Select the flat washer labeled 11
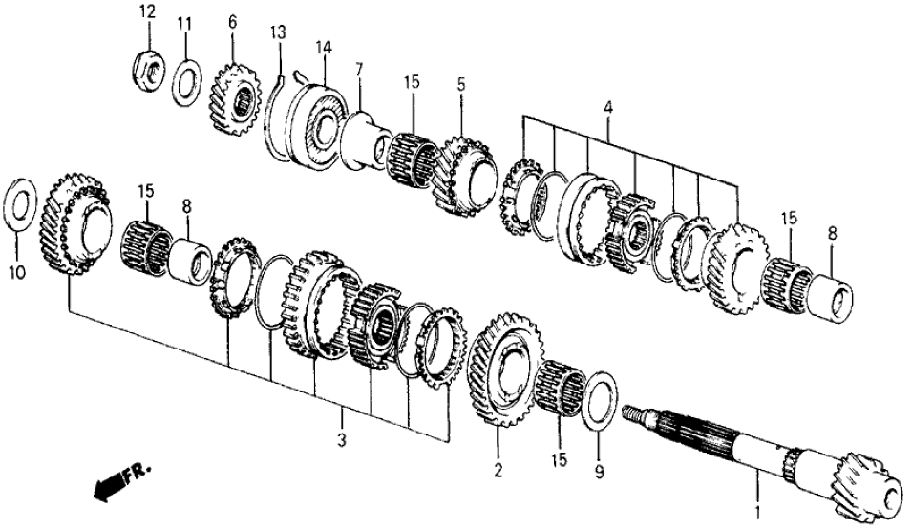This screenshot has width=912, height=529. point(186,82)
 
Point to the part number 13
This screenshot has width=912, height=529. point(277,34)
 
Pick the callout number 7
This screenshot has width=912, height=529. point(359,71)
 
